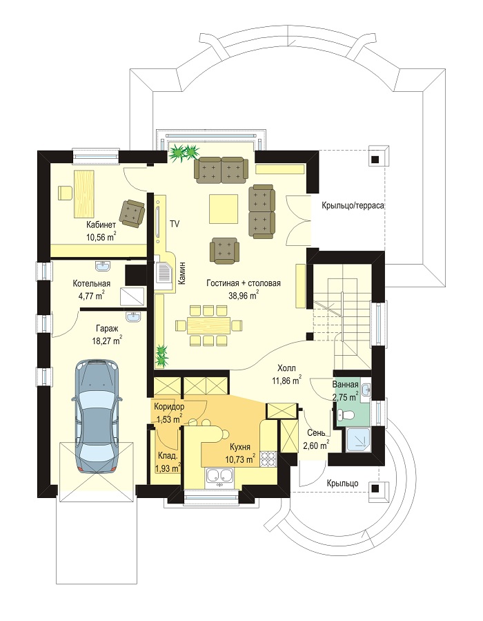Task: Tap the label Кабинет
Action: point(101,225)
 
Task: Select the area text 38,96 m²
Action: point(244,294)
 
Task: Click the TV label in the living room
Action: point(175,224)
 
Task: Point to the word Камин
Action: point(181,274)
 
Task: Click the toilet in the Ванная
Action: point(344,415)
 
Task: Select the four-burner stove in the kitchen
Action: point(268,460)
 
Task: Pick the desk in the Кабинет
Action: point(84,193)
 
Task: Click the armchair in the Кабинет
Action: point(132,213)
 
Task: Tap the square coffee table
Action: point(224,209)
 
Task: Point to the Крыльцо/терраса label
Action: point(353,206)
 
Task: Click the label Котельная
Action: point(91,284)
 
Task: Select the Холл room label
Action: point(286,368)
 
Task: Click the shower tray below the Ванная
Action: point(358,440)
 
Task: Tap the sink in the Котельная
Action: point(103,267)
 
